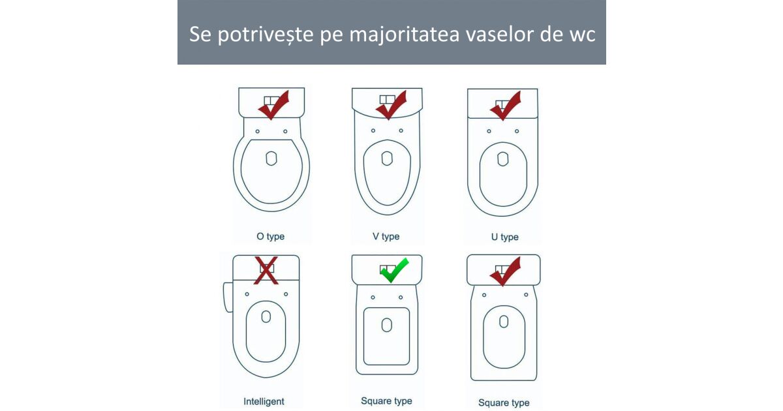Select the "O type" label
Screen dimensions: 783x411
click(271, 237)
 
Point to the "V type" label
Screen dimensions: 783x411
click(386, 237)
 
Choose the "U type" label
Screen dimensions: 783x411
click(505, 237)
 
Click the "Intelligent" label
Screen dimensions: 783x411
click(264, 402)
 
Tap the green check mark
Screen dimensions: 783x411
click(394, 270)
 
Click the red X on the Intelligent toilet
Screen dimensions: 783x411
click(266, 271)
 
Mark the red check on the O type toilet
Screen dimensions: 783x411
click(273, 105)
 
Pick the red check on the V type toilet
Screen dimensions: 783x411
click(391, 105)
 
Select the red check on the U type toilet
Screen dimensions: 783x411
click(506, 106)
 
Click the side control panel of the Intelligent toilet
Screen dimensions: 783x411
click(228, 297)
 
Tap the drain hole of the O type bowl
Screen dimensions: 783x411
click(271, 159)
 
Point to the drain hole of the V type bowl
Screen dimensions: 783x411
click(387, 159)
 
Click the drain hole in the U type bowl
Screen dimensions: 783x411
click(502, 159)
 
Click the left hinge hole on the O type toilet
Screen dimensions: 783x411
click(258, 131)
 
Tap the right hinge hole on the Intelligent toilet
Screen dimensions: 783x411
click(286, 294)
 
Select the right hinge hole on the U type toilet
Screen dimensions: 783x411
click(517, 131)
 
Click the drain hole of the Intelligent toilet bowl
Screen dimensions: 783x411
click(266, 316)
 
